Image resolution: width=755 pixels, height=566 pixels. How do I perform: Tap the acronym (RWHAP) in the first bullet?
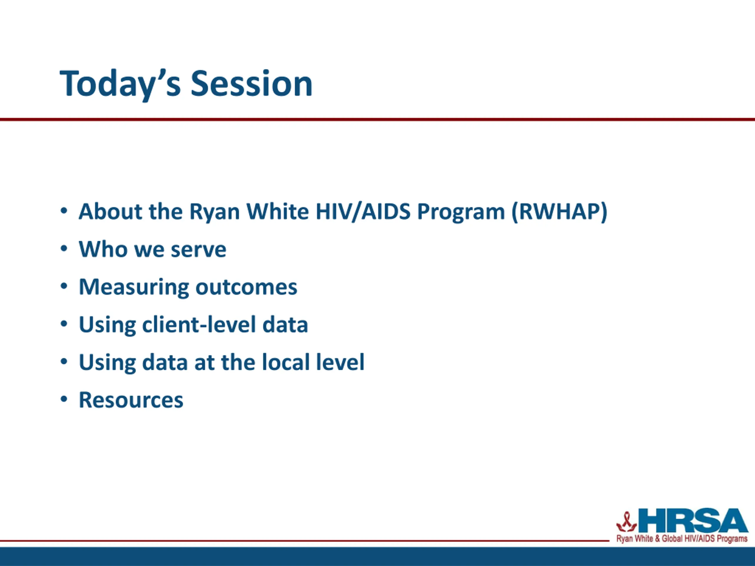559,212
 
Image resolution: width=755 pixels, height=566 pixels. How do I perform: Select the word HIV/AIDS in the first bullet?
363,212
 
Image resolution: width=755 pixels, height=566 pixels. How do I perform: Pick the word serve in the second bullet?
198,249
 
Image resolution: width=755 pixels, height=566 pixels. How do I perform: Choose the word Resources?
131,400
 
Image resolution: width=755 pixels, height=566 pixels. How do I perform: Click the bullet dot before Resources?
64,399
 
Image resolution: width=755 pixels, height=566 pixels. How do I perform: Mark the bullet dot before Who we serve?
64,249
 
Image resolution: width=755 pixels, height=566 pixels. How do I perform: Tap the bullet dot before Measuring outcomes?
64,286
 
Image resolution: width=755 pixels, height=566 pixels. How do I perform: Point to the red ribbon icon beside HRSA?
626,522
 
